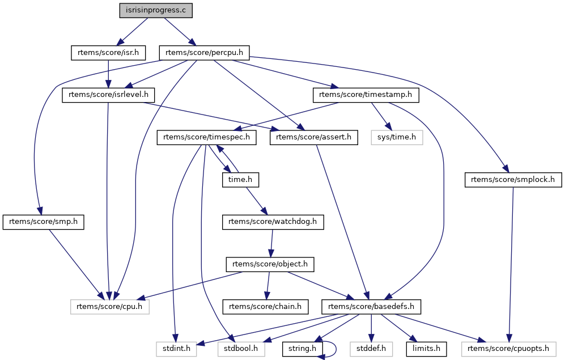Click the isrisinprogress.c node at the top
click(156, 10)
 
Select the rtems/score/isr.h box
click(108, 53)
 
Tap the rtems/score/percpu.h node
click(204, 53)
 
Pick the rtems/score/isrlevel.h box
click(108, 95)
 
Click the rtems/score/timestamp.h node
click(366, 95)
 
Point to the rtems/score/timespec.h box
click(206, 137)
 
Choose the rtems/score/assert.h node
click(314, 137)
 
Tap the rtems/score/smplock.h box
click(513, 180)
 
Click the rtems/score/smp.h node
click(43, 222)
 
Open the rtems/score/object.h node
click(270, 264)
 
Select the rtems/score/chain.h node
click(266, 307)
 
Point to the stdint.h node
click(176, 349)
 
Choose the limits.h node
click(426, 349)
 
